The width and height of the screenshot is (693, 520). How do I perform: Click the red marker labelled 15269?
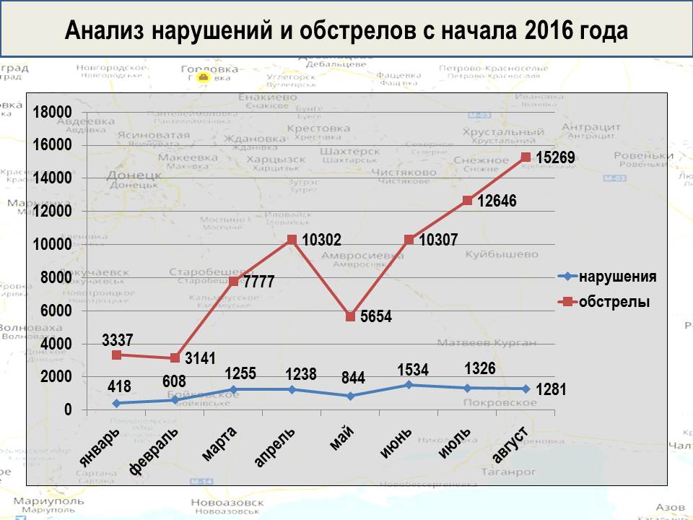[526, 157]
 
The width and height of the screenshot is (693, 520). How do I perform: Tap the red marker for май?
[350, 316]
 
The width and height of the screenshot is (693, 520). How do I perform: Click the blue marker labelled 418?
[116, 403]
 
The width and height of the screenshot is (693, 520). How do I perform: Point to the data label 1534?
[413, 370]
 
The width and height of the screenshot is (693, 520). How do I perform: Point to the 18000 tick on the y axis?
[52, 111]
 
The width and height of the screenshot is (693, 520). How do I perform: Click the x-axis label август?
[510, 445]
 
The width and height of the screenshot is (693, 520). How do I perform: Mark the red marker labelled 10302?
[292, 240]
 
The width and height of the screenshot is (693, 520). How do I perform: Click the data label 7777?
[259, 282]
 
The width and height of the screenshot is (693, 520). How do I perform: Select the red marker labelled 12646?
[467, 201]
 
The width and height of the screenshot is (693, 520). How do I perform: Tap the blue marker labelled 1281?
[526, 389]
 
